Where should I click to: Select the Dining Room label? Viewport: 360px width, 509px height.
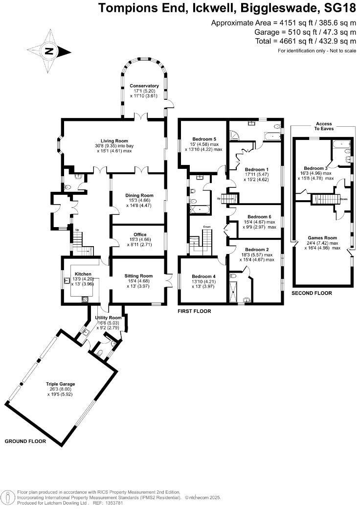137,194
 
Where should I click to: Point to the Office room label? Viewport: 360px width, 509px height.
137,234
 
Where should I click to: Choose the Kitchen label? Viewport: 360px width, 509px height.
80,274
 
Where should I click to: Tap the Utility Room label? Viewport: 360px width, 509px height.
109,318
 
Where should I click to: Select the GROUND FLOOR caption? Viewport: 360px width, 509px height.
25,441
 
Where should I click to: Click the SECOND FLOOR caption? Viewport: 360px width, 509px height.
312,293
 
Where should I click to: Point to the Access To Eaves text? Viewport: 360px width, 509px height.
324,127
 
